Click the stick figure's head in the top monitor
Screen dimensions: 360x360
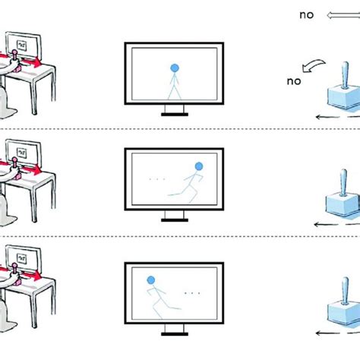click(x=174, y=67)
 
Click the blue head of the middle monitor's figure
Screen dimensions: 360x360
click(x=199, y=166)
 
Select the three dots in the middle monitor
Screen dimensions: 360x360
click(x=157, y=179)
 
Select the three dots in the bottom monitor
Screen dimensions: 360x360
click(x=192, y=292)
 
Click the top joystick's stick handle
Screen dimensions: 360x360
click(x=346, y=76)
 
